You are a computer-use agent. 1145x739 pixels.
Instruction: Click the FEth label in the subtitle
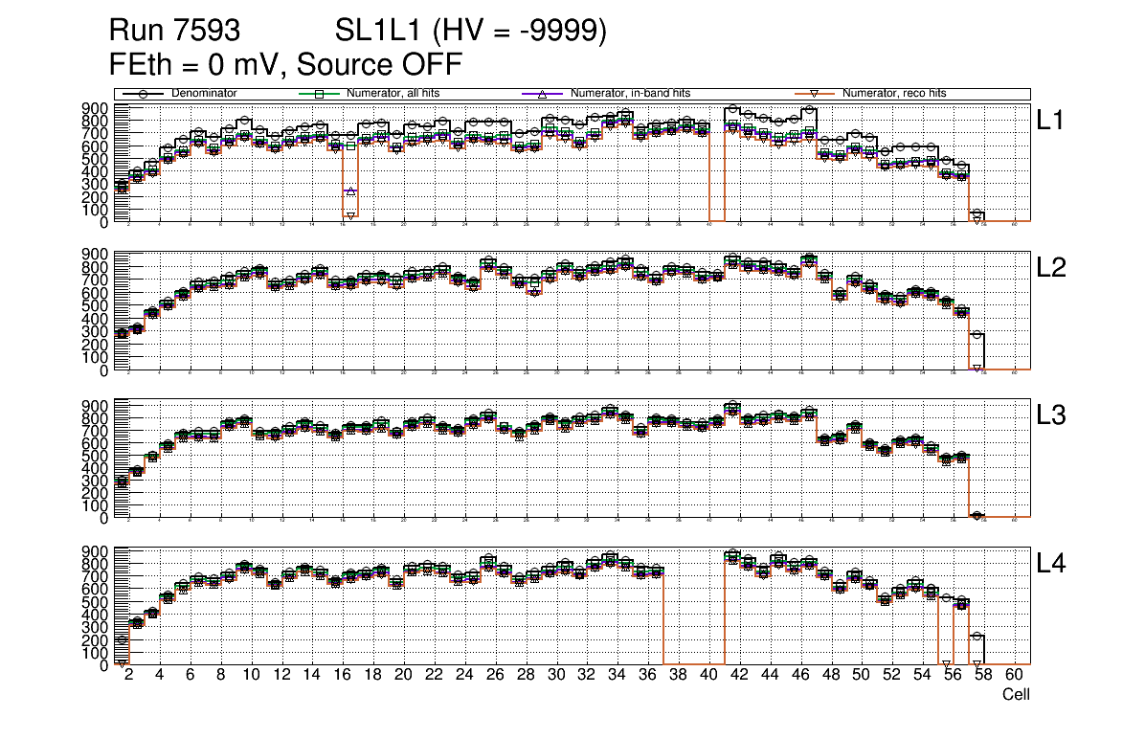coord(137,65)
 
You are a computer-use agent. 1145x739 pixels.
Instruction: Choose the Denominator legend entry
coord(204,94)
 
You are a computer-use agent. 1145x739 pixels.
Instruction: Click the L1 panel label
coord(1050,121)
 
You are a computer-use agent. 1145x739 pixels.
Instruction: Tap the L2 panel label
coord(1051,269)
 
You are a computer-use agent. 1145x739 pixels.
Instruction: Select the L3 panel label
coord(1051,416)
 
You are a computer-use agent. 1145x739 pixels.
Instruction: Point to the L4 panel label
coord(1051,564)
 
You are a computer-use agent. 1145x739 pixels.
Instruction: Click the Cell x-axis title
coord(1015,695)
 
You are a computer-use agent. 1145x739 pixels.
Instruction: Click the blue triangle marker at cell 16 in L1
coord(350,191)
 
